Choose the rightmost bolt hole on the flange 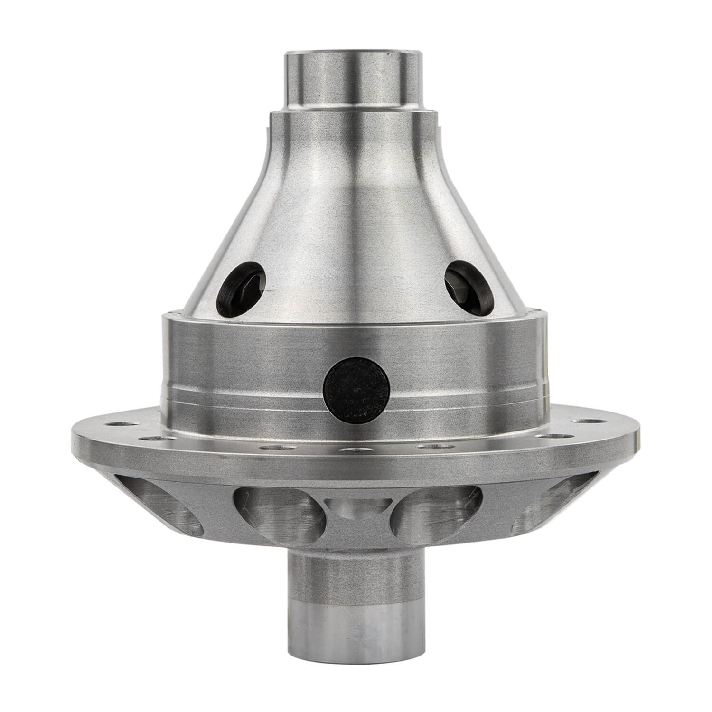[593, 421]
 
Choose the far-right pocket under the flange [546, 510]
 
